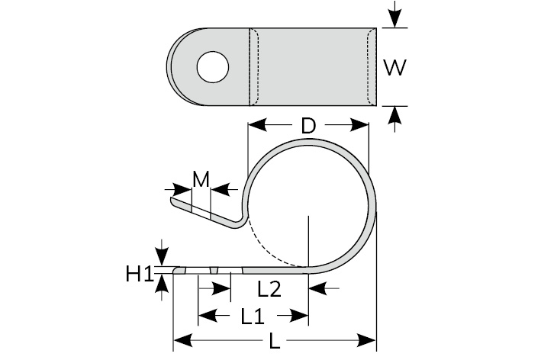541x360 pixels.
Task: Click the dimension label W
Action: click(394, 68)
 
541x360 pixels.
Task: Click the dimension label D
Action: click(308, 126)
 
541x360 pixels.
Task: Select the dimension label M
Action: click(201, 179)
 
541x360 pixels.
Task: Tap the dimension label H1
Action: click(140, 272)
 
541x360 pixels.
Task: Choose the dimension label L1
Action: click(253, 314)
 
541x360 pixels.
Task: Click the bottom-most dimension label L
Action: click(275, 342)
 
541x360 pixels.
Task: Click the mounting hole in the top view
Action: click(213, 66)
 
